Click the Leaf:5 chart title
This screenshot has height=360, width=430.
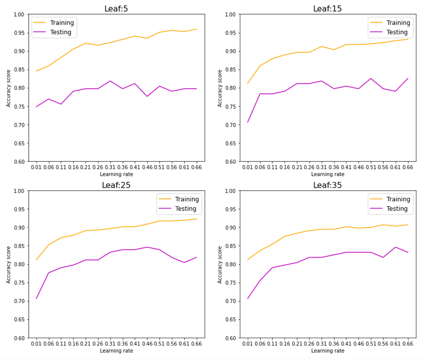tap(116, 9)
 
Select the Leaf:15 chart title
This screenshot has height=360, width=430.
tap(327, 9)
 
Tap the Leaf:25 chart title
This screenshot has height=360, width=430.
tap(116, 185)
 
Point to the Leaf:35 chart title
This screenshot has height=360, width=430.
tap(327, 185)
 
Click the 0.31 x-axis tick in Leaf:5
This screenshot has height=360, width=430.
tap(110, 167)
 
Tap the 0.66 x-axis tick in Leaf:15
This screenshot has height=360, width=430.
tap(408, 167)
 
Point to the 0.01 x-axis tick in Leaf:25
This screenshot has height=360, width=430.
tap(36, 344)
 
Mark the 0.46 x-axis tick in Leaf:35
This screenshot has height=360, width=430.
tap(358, 344)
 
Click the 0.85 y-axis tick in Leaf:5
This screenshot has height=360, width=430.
tap(19, 70)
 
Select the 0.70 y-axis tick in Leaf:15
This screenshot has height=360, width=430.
tap(230, 125)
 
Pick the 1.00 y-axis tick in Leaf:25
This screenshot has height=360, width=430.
tap(19, 191)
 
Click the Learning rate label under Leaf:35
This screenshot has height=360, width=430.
tap(328, 351)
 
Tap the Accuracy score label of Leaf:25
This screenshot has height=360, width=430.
tap(8, 265)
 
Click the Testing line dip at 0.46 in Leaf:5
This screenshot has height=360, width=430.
tap(147, 96)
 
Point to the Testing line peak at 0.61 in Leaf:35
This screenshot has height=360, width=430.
tap(395, 247)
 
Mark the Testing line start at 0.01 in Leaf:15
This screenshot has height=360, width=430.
tap(248, 122)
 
